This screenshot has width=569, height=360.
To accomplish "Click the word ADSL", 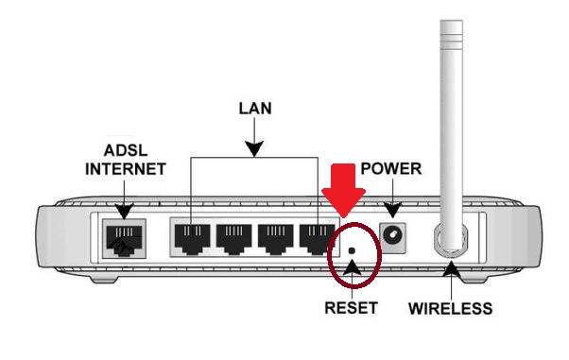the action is (126, 150).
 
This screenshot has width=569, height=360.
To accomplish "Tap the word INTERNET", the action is (126, 169).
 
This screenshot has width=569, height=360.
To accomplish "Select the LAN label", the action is (255, 109).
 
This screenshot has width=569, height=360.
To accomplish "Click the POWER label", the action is (390, 169).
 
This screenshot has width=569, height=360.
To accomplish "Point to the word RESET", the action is (351, 308).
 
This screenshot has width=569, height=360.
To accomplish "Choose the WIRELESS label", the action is (450, 308).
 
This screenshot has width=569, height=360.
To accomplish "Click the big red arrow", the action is (343, 190).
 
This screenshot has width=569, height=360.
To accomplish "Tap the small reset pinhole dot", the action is (351, 250).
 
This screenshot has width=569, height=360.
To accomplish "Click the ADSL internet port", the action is (124, 239).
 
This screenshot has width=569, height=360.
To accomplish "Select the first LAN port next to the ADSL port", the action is (192, 238).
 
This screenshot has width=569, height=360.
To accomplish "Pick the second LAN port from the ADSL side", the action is (234, 238).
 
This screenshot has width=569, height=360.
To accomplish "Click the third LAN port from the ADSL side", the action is (276, 238).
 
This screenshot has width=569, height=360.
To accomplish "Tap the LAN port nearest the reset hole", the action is (318, 238).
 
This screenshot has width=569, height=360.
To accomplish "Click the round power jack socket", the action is (392, 236).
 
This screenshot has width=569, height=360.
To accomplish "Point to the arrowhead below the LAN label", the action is (254, 149).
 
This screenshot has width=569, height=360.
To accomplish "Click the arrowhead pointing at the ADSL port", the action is (124, 212).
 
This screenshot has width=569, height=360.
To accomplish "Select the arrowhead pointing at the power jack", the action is (392, 211).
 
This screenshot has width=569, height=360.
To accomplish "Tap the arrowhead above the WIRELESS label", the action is (451, 270).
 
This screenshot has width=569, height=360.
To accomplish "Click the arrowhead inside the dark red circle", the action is (352, 266).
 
